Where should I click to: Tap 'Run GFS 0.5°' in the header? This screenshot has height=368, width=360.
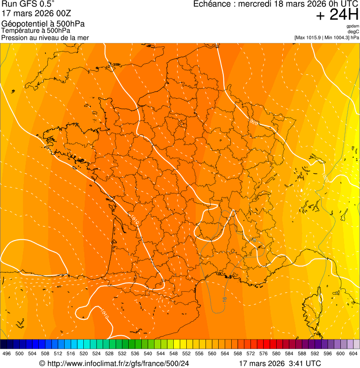[28, 5]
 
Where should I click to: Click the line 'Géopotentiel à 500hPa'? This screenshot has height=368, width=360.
[43, 24]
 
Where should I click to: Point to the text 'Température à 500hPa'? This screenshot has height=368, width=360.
[36, 30]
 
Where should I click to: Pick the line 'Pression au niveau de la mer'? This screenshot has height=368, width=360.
[45, 37]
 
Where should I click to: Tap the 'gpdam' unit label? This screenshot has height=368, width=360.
[353, 26]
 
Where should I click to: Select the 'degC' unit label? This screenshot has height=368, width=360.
[353, 31]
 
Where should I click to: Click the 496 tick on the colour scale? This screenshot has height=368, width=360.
[7, 353]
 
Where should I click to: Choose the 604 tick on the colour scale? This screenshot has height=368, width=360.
[353, 353]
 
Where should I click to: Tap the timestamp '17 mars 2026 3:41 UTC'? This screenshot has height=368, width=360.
[280, 363]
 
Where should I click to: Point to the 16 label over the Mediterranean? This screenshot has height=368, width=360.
[225, 299]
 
